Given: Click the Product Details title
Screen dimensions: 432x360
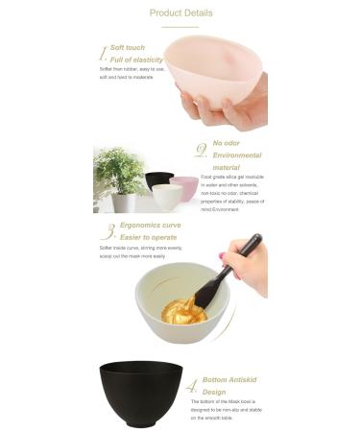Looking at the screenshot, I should coord(180,13).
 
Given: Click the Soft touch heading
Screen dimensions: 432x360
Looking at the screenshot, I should coord(129,47).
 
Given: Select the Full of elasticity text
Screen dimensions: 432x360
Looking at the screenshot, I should coord(136,60).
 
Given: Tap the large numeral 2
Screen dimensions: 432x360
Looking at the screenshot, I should coord(201,150).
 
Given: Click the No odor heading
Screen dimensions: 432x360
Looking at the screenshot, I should coord(226,143).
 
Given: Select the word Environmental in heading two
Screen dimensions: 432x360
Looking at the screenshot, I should coord(236,155).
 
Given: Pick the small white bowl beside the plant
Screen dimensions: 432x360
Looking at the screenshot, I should coord(166,197).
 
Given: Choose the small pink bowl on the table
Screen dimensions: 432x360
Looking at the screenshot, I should coord(184,186).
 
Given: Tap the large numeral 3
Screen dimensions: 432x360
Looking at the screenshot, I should coord(108,231).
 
